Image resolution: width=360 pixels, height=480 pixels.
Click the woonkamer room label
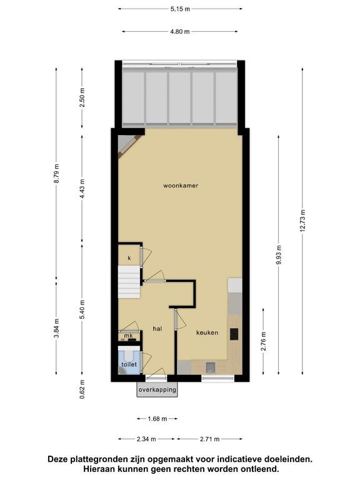point(181,186)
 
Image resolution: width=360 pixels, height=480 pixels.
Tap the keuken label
point(207,332)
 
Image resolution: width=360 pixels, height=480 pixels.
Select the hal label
point(157,329)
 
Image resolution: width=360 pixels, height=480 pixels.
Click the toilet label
point(129,364)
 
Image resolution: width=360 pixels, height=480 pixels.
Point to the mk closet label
point(129,336)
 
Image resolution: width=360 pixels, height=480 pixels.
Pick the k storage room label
point(129,258)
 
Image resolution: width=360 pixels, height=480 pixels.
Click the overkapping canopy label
point(157,390)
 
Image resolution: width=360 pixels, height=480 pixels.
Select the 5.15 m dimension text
point(180,9)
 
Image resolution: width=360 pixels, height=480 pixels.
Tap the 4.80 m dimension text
point(180,31)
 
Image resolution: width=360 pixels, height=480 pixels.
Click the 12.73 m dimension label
point(302,221)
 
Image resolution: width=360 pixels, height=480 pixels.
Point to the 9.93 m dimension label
point(279,255)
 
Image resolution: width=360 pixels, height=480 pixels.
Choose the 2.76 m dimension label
point(264,341)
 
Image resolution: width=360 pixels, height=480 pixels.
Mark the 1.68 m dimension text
point(157,419)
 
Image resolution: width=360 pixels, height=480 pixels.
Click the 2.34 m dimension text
point(146,439)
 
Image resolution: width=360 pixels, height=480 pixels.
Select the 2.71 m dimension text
point(210,439)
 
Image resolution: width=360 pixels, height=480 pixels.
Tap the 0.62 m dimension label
point(82,389)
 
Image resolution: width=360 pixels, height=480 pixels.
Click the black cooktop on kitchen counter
point(234,334)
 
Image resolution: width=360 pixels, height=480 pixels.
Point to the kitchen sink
point(211,367)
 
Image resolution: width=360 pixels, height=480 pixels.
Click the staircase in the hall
point(129,282)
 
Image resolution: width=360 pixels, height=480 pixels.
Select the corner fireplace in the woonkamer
point(127,146)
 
